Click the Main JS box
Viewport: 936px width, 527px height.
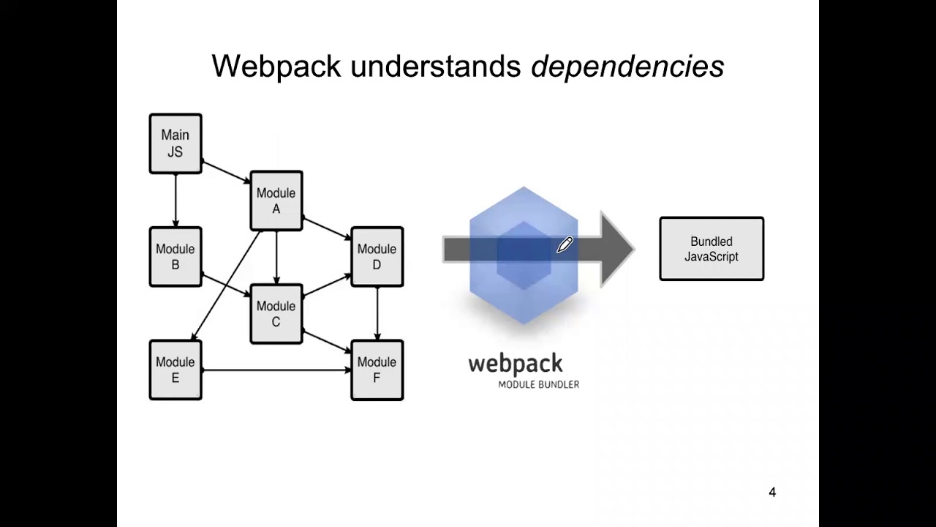point(175,143)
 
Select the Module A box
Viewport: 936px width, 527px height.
point(276,201)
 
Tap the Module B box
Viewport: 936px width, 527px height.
point(175,256)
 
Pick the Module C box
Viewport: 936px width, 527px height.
point(276,313)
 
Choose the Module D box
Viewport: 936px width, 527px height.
point(377,256)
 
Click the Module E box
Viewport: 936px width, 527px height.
point(175,370)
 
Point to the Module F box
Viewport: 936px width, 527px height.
point(377,370)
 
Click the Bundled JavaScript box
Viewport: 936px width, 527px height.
point(712,249)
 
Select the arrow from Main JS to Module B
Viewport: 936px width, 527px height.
point(175,200)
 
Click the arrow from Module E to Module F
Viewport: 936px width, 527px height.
point(276,371)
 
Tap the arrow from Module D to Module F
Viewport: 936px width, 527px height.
point(377,313)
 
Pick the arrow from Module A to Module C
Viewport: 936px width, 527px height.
point(276,257)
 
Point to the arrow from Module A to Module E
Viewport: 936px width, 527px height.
point(227,285)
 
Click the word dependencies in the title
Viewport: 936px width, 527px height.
point(627,67)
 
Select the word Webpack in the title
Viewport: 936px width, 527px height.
point(276,67)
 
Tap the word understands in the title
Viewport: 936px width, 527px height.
point(436,67)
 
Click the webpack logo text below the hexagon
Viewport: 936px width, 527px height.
point(516,364)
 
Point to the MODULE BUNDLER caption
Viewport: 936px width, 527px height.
point(539,384)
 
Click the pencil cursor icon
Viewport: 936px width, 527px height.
point(565,244)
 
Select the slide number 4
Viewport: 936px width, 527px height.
point(772,493)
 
